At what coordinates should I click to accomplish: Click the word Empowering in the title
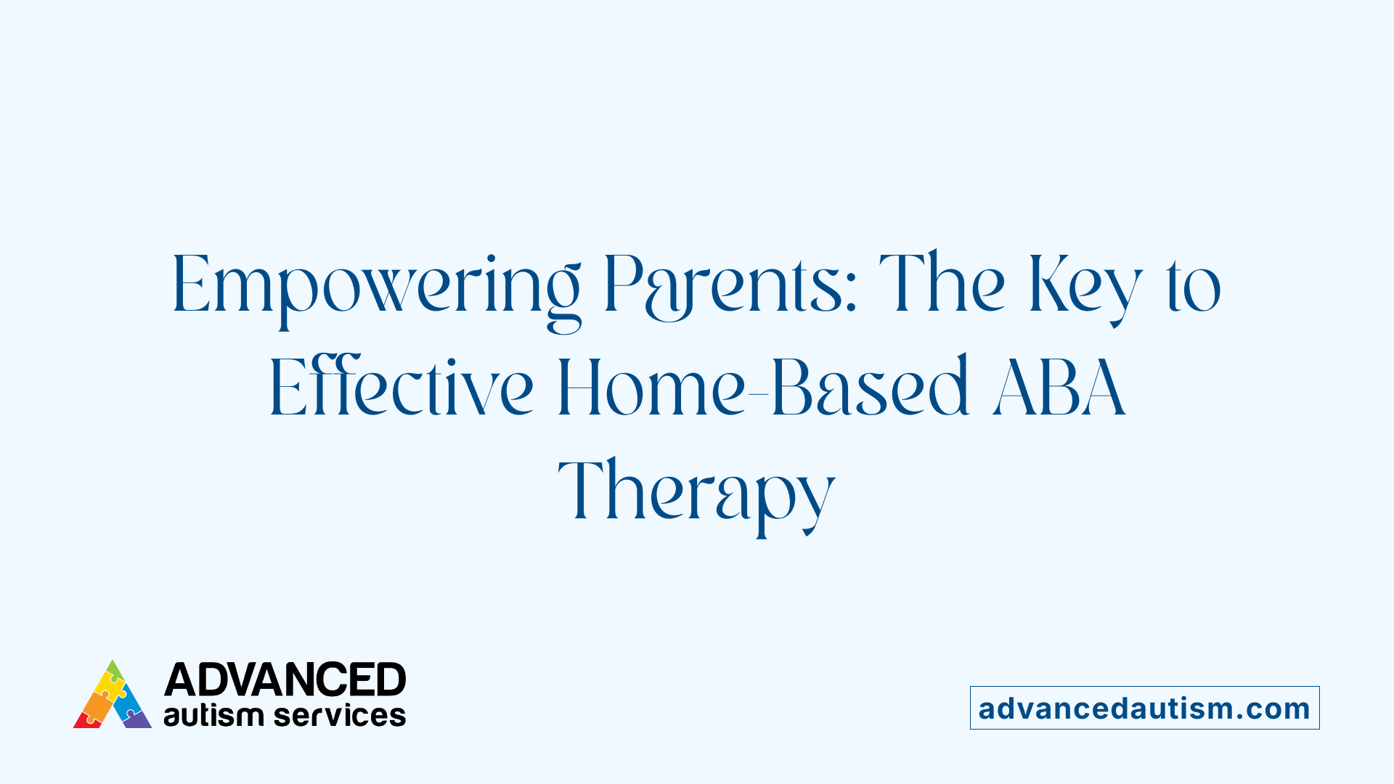point(376,286)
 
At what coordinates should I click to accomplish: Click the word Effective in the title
point(402,388)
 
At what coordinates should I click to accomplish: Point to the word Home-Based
point(763,388)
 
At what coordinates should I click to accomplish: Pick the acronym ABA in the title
point(1059,388)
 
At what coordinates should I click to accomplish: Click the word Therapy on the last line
point(696,492)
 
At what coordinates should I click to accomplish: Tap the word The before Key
point(942,286)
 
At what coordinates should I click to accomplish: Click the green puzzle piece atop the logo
point(114,669)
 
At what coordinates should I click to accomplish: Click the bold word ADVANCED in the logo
point(285,680)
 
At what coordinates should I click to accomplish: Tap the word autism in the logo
point(213,715)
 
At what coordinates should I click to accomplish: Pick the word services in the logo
point(340,715)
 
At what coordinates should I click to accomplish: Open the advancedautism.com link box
point(1144,708)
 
